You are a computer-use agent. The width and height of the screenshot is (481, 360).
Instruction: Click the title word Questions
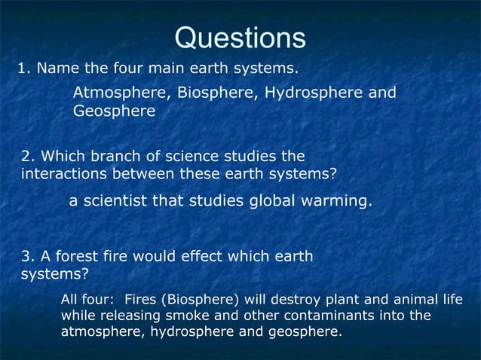tap(240, 38)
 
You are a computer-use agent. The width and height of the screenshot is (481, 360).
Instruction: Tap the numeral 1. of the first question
tap(23, 69)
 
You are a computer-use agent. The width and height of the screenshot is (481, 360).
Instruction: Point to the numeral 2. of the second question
tap(27, 157)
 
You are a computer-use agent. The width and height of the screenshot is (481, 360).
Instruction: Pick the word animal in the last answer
tap(412, 300)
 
